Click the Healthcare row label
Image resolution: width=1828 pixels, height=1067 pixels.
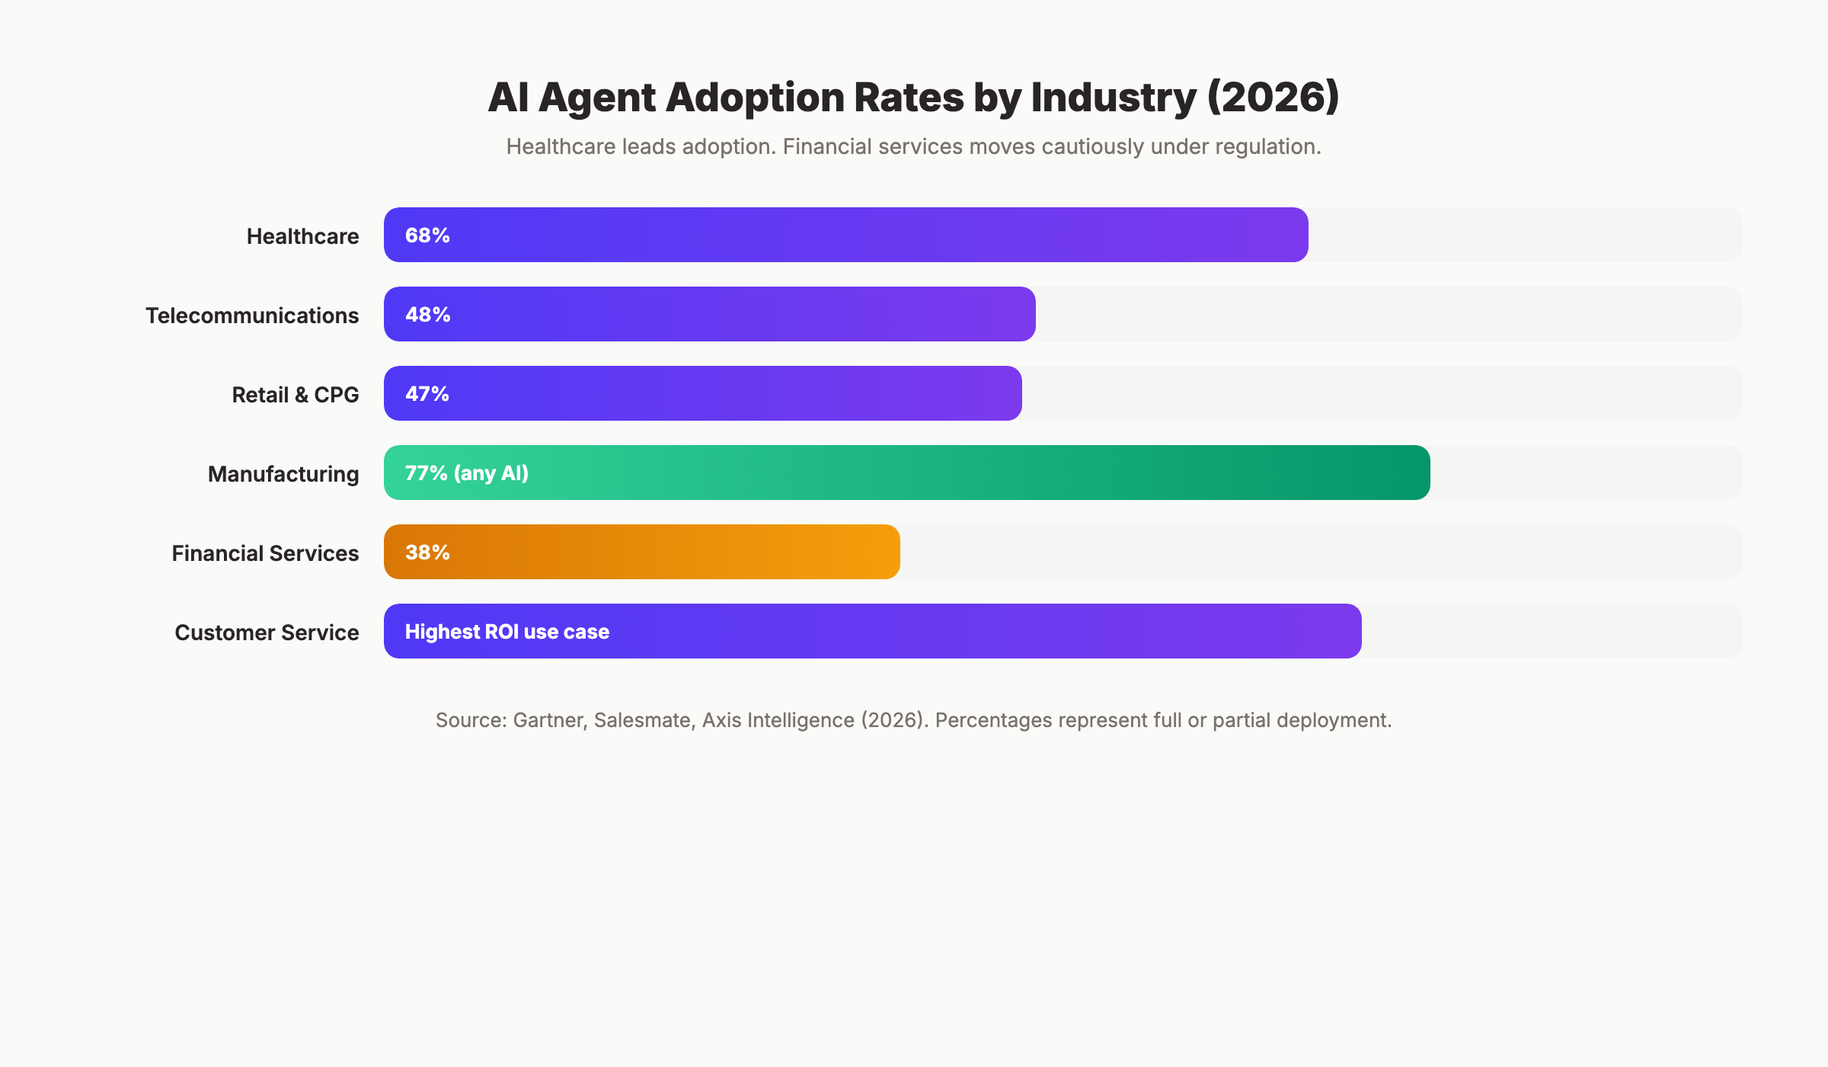[302, 236]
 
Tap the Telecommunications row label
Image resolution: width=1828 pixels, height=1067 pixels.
[252, 316]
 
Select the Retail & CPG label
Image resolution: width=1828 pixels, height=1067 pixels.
[295, 395]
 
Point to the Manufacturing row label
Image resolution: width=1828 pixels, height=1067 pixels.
[283, 474]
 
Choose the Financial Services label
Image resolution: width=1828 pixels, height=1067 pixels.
[265, 553]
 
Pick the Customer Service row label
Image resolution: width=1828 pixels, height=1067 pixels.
[267, 633]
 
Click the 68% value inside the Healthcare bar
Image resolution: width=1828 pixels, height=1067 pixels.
[427, 236]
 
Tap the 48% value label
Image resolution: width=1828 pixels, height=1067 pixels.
[427, 315]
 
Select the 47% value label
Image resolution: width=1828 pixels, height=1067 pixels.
[427, 394]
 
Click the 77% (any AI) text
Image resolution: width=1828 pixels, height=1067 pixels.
[466, 473]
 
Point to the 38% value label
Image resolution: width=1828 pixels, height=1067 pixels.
[427, 553]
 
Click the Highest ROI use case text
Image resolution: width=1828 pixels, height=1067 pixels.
[507, 632]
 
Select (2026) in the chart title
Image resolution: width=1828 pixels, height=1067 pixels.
[1273, 98]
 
